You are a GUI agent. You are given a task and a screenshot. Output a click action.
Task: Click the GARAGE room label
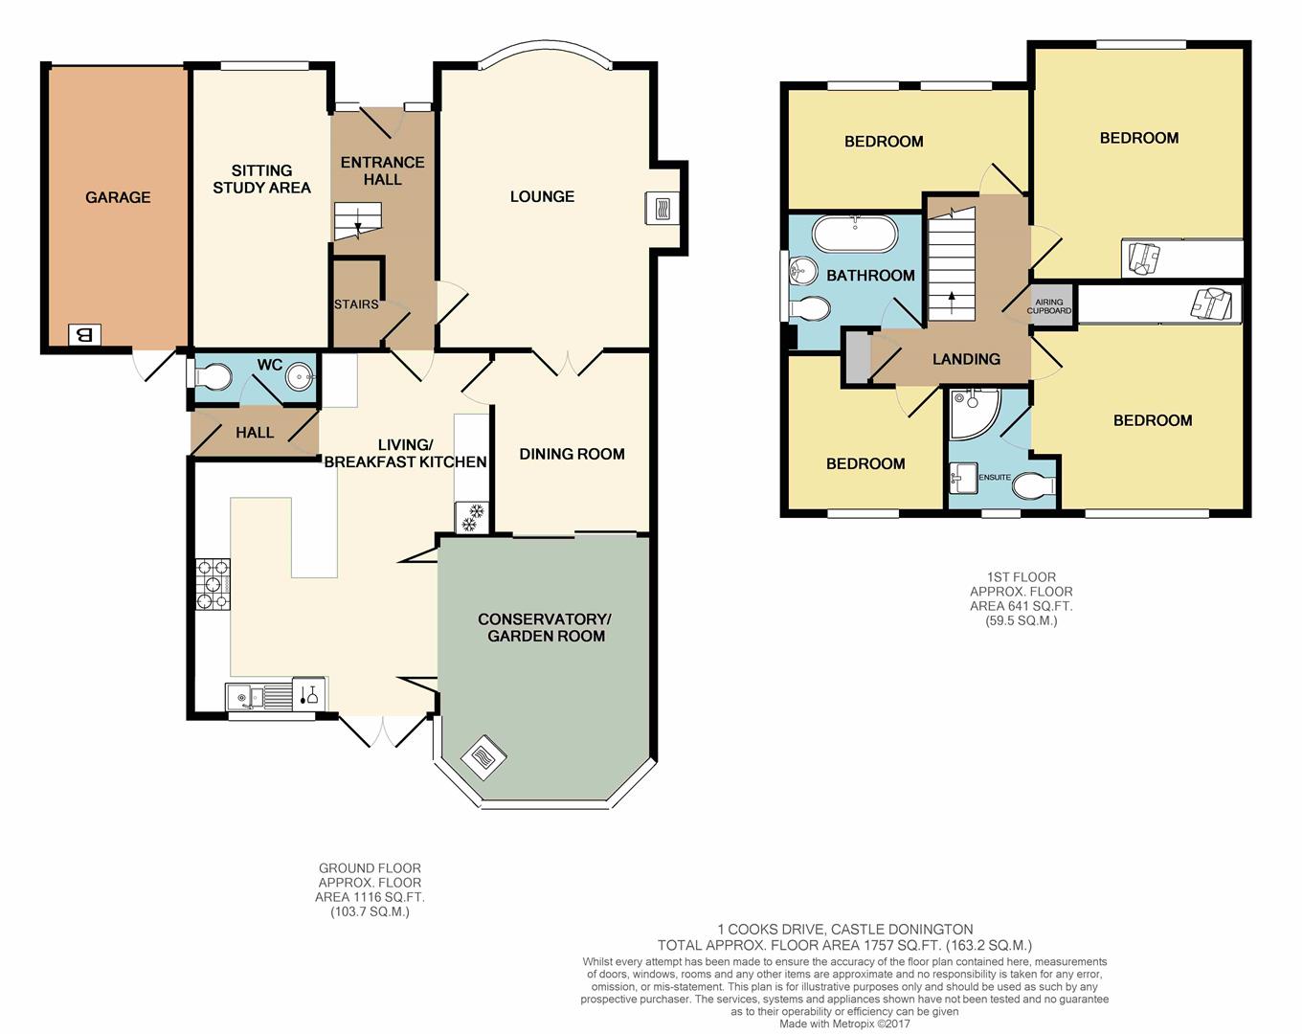(118, 197)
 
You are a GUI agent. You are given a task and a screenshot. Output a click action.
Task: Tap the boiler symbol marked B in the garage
(85, 334)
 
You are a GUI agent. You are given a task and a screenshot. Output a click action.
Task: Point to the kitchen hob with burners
(213, 584)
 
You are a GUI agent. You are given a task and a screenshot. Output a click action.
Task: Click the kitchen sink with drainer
(259, 697)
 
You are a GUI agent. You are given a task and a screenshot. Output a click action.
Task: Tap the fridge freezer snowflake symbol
(471, 518)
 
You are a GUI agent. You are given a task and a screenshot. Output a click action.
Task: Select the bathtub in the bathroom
(856, 234)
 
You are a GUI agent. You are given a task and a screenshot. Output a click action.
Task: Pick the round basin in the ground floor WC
(301, 377)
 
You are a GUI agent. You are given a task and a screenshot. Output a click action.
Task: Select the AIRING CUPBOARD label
(1048, 306)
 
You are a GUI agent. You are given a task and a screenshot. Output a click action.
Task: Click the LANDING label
(966, 359)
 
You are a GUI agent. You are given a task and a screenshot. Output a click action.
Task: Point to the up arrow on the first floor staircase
(952, 301)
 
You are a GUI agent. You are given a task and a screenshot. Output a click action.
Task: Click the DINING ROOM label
(572, 454)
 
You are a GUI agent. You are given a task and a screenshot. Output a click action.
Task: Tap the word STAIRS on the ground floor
(356, 304)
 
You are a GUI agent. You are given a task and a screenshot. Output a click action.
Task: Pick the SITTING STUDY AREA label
(261, 179)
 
